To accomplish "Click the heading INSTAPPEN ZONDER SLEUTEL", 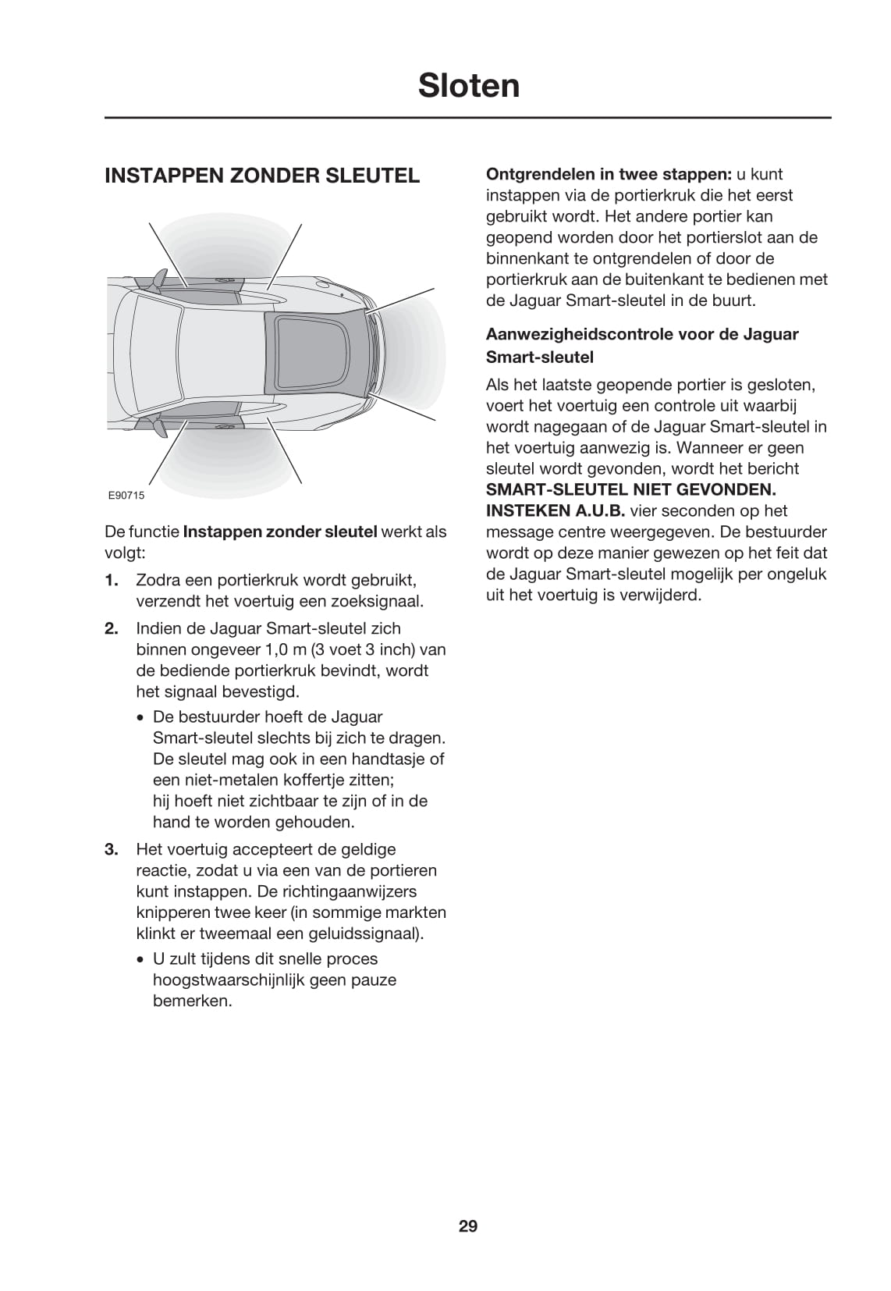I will click(x=262, y=176).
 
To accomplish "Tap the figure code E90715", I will click(x=126, y=495).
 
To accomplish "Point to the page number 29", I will click(x=468, y=1225).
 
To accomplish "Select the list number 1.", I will click(x=111, y=581).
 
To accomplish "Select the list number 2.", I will click(x=111, y=628).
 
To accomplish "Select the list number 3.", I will click(x=111, y=849).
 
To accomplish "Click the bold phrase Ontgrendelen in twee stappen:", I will click(x=609, y=174).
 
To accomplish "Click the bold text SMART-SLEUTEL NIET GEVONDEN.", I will click(x=630, y=490).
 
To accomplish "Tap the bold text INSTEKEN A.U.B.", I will click(x=555, y=511).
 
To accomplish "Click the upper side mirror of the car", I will click(x=159, y=278).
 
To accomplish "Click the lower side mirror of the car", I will click(x=159, y=426).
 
